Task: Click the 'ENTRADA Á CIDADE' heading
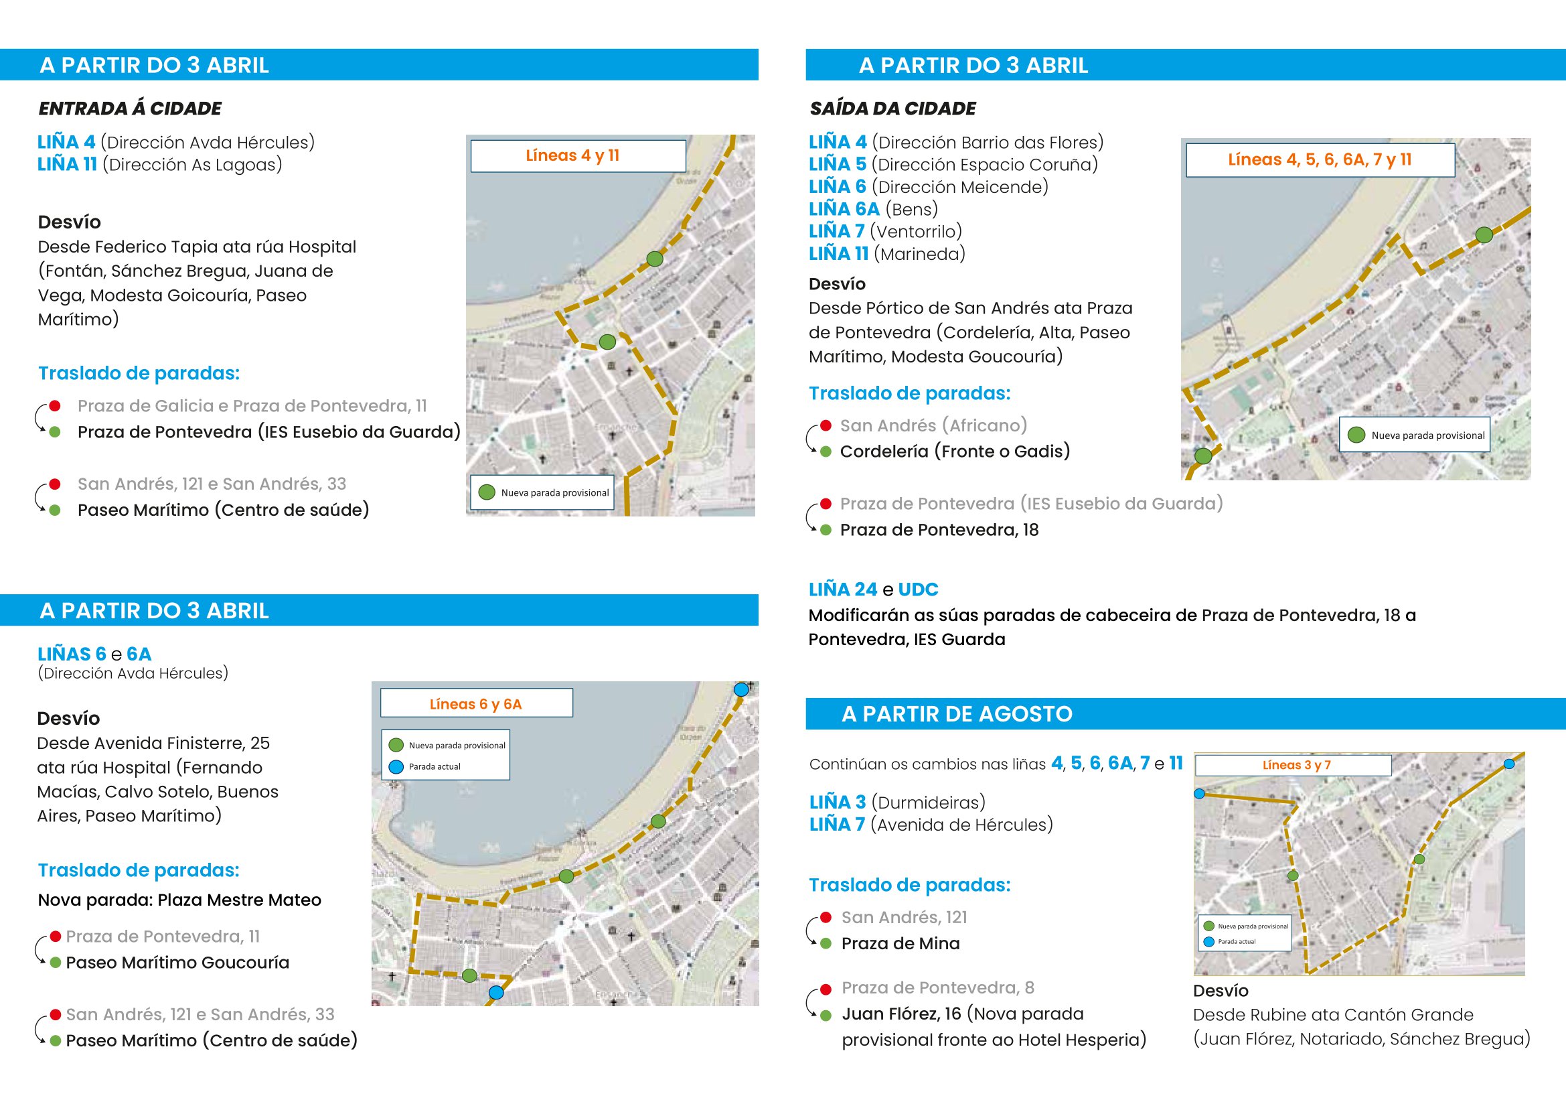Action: pos(130,109)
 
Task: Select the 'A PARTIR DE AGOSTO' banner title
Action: pos(957,713)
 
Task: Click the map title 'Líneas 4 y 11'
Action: pos(572,155)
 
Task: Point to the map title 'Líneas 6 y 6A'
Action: pos(475,704)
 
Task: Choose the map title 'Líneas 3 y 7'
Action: pos(1296,765)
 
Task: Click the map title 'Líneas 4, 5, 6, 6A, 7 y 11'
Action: pos(1319,159)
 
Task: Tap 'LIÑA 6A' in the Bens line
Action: pos(844,209)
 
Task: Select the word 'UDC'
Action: pos(918,590)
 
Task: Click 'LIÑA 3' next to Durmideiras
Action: pos(838,803)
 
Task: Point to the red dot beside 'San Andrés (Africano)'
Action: pos(826,426)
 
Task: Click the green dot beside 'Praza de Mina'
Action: pos(826,944)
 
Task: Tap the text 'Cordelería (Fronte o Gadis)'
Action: pos(955,452)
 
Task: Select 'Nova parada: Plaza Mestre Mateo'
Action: pos(179,900)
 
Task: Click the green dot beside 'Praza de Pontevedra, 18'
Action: pos(826,530)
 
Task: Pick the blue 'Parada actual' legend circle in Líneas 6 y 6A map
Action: pos(396,767)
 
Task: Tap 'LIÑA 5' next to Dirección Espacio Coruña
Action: pos(838,164)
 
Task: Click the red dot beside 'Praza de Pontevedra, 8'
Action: pos(826,989)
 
